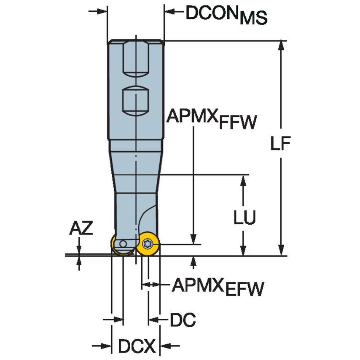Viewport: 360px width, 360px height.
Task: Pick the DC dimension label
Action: [183, 320]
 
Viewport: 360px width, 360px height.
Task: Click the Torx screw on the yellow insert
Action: [148, 243]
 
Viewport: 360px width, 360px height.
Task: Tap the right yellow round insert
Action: [148, 244]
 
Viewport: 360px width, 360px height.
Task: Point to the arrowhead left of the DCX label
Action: [107, 347]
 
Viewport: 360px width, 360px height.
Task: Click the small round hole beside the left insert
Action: [122, 244]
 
